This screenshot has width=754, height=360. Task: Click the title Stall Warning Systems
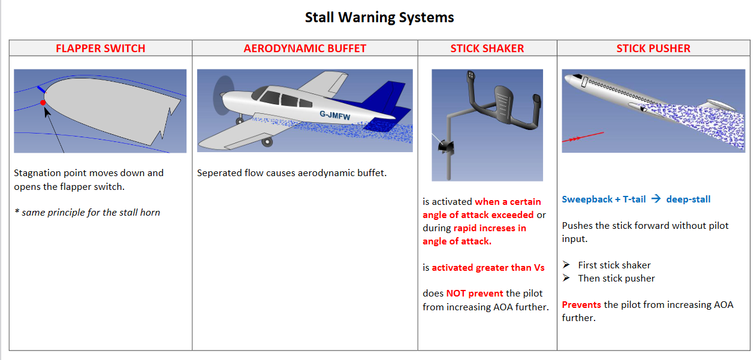click(379, 17)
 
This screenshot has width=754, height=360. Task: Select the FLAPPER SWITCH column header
click(100, 49)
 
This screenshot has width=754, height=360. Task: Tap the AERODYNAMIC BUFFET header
click(304, 49)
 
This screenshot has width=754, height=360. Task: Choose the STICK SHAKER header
click(487, 49)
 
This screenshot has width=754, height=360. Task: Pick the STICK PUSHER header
click(653, 49)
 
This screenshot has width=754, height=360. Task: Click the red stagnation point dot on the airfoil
click(43, 102)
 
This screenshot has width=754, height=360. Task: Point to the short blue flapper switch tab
click(41, 89)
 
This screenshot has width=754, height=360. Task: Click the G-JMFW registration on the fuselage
click(335, 115)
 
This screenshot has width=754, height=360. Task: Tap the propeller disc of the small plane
click(223, 95)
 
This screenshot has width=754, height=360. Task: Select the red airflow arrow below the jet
click(583, 137)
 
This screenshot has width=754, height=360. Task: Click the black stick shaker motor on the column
click(446, 147)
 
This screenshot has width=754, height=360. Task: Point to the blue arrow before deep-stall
click(656, 199)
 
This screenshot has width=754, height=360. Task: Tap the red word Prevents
click(581, 305)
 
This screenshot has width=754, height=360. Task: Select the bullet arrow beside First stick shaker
click(566, 265)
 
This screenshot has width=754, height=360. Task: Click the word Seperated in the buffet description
click(219, 173)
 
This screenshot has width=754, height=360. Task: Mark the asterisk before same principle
click(17, 211)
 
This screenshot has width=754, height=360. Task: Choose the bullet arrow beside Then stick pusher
click(566, 278)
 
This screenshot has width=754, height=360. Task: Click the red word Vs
click(539, 268)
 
